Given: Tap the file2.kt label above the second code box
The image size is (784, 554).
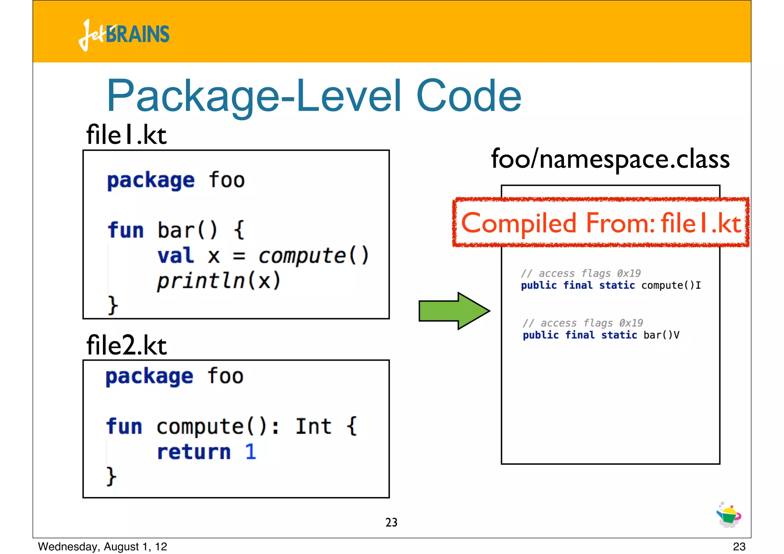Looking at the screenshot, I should (126, 345).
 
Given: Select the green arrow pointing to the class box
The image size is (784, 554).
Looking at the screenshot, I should (454, 311).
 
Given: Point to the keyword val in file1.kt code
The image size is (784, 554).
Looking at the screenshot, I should (176, 255).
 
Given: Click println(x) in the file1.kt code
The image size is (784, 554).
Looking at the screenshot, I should (219, 281).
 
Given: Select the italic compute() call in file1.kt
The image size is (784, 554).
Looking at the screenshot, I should (313, 255).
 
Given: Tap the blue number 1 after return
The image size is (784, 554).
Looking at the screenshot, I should (250, 452).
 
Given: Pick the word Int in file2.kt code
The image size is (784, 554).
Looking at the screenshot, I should (313, 427).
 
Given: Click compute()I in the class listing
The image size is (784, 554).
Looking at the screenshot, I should (671, 286).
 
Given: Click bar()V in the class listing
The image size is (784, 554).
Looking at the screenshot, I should (661, 335).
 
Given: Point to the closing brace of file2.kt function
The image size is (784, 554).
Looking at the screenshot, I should (111, 476).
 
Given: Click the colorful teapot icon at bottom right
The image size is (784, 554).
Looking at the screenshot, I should (728, 515).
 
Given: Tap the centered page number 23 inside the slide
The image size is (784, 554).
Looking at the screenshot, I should (391, 523).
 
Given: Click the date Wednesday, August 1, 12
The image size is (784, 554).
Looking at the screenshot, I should (103, 547).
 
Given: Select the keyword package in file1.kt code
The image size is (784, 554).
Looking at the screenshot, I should (151, 180).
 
